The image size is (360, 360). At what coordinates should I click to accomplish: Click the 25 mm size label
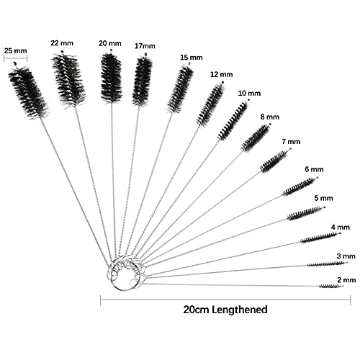click(x=16, y=51)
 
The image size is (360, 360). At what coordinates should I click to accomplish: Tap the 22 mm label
click(x=62, y=43)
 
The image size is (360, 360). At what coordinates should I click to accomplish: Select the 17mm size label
click(x=145, y=46)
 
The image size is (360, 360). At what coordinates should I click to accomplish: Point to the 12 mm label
click(x=222, y=74)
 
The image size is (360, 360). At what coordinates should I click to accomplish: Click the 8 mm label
click(x=270, y=117)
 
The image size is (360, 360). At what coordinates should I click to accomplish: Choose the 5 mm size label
click(x=324, y=198)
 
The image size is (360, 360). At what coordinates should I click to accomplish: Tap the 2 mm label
click(x=346, y=280)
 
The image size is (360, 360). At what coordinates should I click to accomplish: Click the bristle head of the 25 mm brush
click(x=28, y=92)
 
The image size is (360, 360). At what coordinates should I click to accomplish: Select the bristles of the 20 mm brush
click(x=111, y=77)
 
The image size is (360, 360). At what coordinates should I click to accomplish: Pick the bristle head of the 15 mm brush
click(x=180, y=89)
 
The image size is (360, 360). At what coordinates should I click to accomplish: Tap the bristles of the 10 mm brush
click(x=233, y=121)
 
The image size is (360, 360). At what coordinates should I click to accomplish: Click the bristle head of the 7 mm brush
click(x=275, y=161)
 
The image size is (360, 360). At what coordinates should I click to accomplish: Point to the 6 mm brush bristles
click(x=299, y=186)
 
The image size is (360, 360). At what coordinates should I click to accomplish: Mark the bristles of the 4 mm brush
click(x=319, y=238)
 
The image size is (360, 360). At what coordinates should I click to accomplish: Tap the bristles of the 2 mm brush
click(x=329, y=286)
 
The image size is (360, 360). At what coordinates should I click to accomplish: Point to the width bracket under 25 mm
click(x=16, y=58)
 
